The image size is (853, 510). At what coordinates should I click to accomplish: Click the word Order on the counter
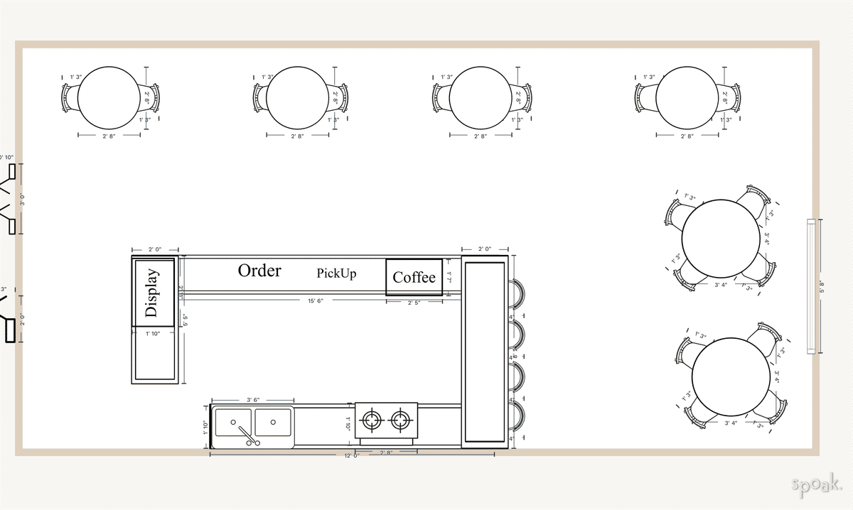(x=259, y=271)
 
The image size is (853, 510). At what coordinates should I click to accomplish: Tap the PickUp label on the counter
(x=336, y=273)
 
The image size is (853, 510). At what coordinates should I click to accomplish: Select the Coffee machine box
(x=414, y=277)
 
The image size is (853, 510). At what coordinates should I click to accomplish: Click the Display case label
(x=152, y=293)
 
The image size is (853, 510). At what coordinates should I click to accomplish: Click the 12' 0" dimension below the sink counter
(x=351, y=455)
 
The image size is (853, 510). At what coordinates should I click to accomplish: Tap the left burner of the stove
(x=372, y=421)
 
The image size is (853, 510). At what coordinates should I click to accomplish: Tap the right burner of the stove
(x=402, y=421)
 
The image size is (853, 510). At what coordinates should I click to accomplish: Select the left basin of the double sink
(x=234, y=422)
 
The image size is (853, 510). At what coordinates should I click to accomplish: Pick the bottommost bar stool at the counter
(x=517, y=418)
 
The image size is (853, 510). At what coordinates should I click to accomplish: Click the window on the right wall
(x=811, y=286)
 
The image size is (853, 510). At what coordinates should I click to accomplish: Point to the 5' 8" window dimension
(x=822, y=287)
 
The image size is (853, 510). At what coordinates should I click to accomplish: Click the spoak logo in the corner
(x=817, y=484)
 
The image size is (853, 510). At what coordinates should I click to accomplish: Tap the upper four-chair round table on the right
(x=720, y=238)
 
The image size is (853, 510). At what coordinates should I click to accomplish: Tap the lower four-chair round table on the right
(x=731, y=376)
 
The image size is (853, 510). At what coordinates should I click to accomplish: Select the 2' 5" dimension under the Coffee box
(x=414, y=303)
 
